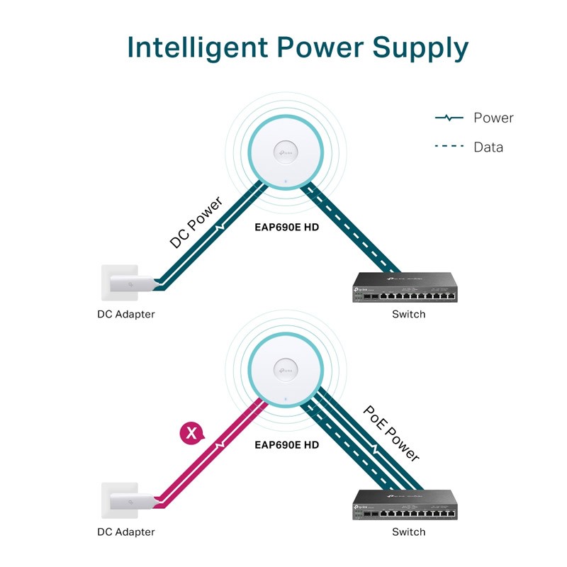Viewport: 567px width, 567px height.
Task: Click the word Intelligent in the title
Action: (198, 47)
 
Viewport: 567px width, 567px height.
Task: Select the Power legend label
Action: (493, 118)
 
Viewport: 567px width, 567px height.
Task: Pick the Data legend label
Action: (488, 147)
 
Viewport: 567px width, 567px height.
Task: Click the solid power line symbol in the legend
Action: (449, 118)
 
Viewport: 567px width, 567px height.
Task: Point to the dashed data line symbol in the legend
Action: (449, 146)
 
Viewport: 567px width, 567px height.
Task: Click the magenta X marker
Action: (191, 432)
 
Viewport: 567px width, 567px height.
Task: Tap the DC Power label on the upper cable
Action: (196, 222)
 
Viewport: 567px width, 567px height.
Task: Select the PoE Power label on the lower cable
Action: (391, 433)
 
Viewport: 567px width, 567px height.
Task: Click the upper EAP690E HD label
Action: (287, 228)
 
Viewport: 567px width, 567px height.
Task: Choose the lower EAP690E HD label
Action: (287, 445)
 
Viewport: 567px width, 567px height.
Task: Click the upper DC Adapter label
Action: (126, 314)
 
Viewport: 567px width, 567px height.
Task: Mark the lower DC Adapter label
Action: (126, 532)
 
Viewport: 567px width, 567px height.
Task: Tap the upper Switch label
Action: (409, 314)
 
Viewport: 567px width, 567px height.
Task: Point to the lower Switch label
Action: (409, 532)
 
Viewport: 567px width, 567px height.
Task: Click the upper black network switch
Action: (405, 287)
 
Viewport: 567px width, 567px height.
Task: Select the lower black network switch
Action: (405, 505)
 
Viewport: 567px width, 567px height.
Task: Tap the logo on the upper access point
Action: (286, 152)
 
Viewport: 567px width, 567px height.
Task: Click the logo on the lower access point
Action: (286, 370)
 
